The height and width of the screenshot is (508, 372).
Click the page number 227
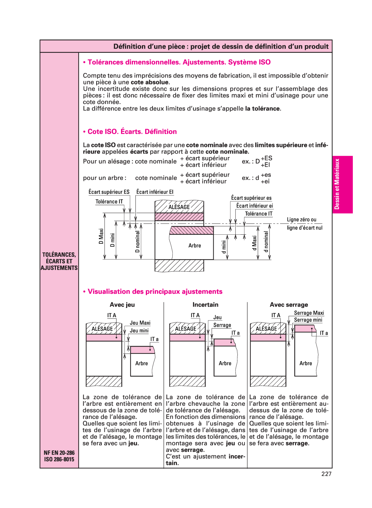(x=326, y=474)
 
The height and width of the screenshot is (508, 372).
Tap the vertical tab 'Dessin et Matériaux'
(x=337, y=184)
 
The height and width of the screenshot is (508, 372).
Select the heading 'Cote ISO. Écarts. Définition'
(x=132, y=132)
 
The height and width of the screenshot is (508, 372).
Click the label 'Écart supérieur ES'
(x=109, y=192)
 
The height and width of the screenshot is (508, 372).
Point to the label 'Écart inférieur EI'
(x=155, y=192)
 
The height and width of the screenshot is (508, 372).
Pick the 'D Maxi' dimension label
(x=101, y=236)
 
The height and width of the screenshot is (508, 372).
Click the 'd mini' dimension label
(x=224, y=247)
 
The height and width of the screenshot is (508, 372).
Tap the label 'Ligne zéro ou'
(x=302, y=220)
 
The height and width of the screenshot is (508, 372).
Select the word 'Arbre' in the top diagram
(x=195, y=246)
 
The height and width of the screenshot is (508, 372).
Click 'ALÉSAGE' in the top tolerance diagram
(x=179, y=207)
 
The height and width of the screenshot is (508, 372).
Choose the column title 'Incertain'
(x=205, y=305)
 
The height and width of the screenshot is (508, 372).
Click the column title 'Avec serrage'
(x=289, y=305)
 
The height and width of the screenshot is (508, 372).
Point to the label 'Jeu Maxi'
(x=140, y=323)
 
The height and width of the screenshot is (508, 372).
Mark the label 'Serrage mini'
(x=308, y=320)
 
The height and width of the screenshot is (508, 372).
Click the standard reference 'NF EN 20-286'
(x=59, y=453)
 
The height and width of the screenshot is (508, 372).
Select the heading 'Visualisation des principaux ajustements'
(x=155, y=292)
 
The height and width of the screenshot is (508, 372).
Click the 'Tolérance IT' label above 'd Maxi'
(x=259, y=214)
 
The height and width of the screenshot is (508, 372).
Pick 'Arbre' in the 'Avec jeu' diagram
(x=142, y=363)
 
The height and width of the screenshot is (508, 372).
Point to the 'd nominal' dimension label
(x=266, y=242)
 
